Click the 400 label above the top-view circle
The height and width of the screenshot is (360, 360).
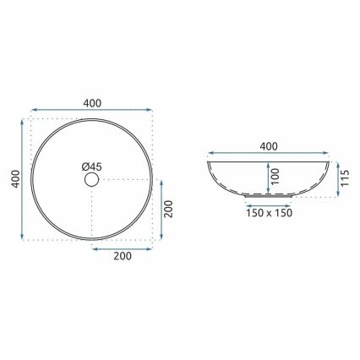click(x=92, y=102)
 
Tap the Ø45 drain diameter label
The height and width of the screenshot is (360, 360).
click(x=94, y=167)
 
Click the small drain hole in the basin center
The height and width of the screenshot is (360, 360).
click(x=92, y=180)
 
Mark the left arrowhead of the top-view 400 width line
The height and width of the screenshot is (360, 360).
click(x=34, y=111)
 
